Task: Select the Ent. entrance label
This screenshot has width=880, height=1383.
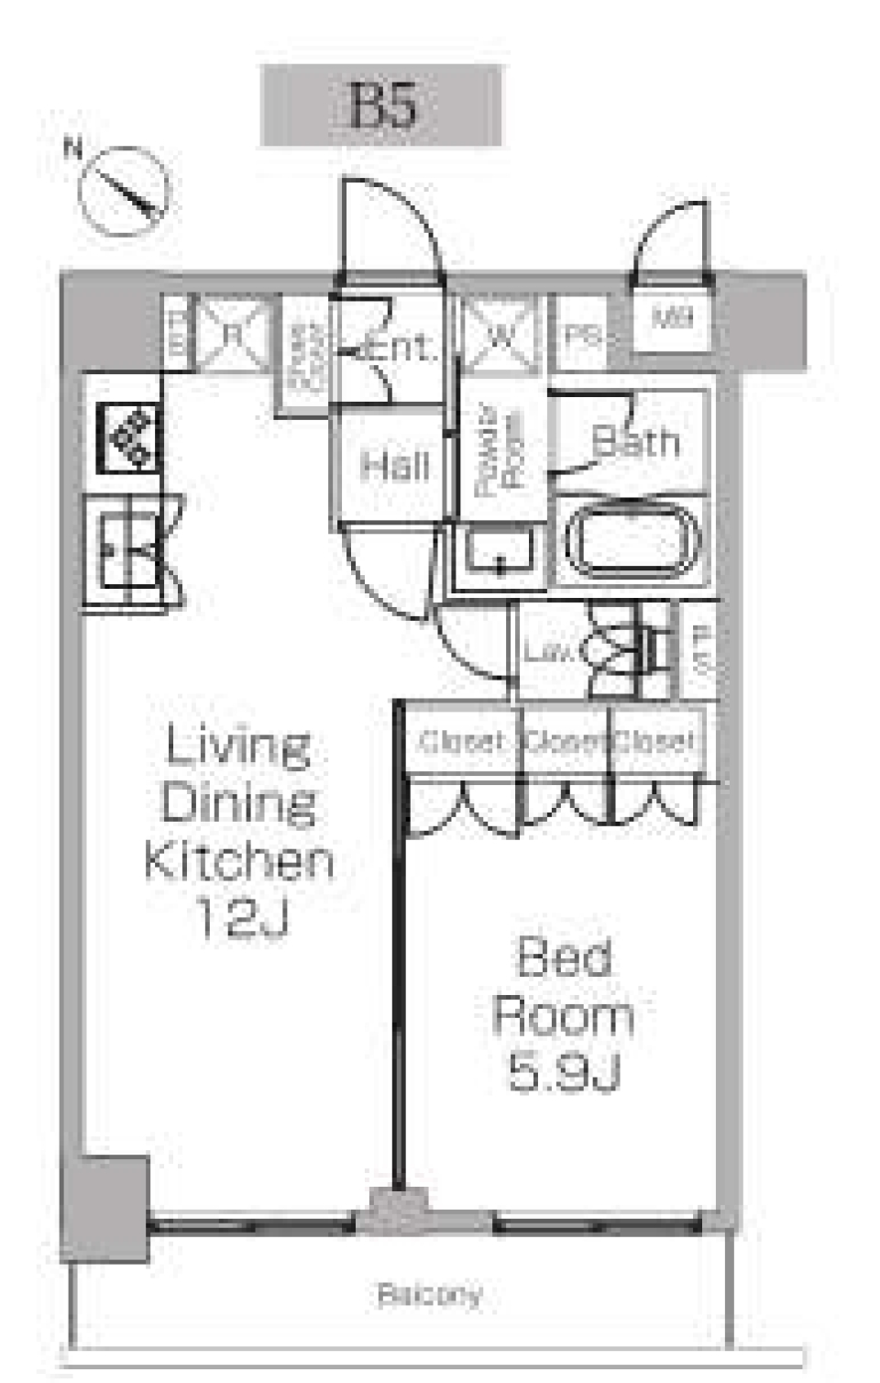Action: [399, 347]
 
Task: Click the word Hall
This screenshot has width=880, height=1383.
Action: [394, 466]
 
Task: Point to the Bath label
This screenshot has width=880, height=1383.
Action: [636, 442]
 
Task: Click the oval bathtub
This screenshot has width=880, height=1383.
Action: [631, 543]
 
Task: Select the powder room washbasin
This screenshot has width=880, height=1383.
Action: [499, 551]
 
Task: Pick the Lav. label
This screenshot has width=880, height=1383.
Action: [547, 652]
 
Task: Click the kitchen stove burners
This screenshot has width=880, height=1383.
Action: [128, 437]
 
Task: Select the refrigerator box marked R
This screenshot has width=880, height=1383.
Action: [233, 334]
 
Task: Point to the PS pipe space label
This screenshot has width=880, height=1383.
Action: [581, 336]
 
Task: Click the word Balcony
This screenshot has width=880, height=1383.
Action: [429, 1294]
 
